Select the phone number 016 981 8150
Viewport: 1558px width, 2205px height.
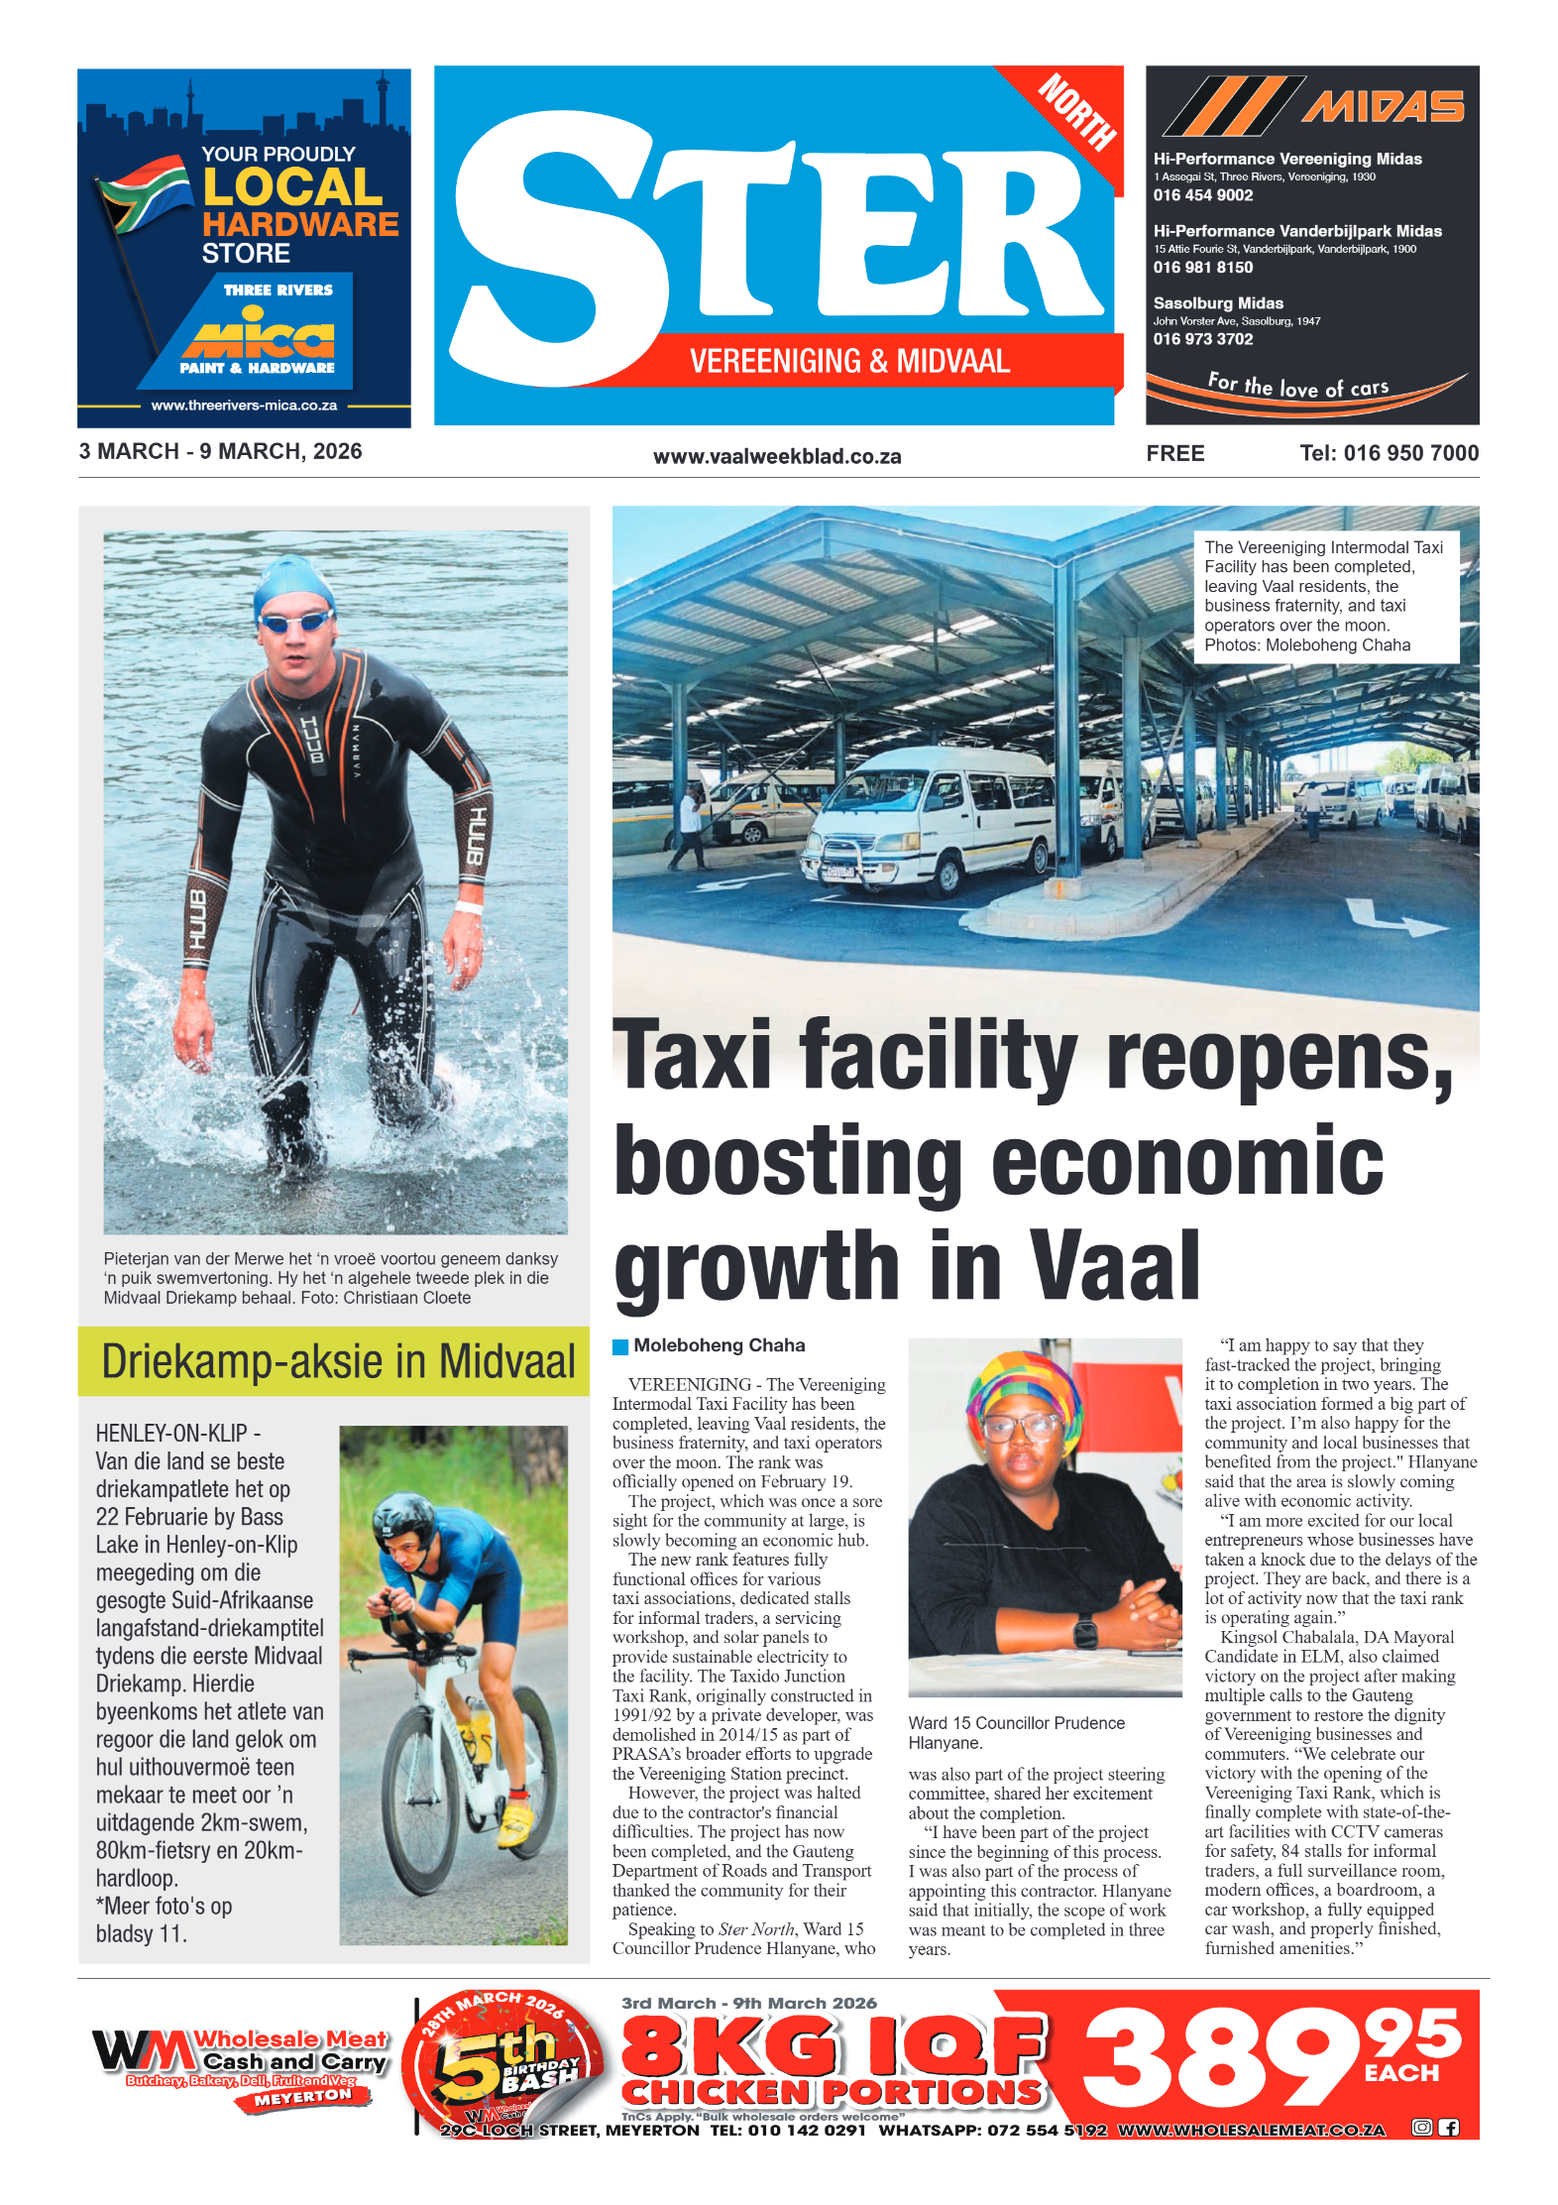1202,268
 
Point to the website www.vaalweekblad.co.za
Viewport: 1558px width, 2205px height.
776,457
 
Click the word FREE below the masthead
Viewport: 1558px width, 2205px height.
1174,454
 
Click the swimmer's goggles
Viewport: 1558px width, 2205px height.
296,624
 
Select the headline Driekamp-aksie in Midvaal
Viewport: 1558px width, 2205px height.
337,1361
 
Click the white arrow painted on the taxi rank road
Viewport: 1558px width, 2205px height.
1392,919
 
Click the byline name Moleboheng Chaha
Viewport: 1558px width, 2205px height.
719,1345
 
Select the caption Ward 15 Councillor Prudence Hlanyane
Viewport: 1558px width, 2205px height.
1015,1732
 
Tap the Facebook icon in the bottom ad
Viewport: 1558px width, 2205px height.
1448,2128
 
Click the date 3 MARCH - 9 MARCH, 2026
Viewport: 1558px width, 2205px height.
220,452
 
